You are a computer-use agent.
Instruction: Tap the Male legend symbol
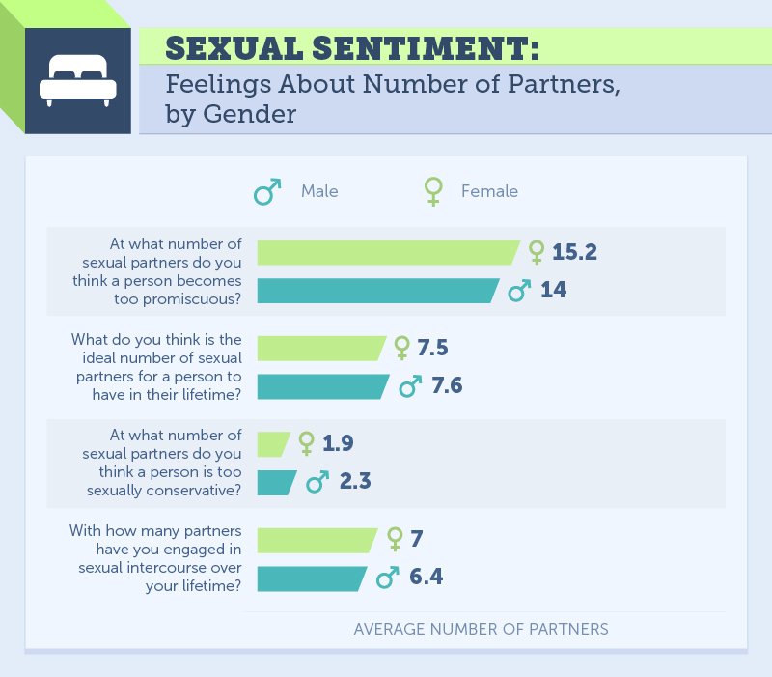pyautogui.click(x=267, y=191)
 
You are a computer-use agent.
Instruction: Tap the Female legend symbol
pyautogui.click(x=433, y=191)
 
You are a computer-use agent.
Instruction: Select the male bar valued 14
pyautogui.click(x=377, y=290)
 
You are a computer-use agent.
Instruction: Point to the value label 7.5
pyautogui.click(x=434, y=348)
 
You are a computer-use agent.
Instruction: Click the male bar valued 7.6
pyautogui.click(x=322, y=386)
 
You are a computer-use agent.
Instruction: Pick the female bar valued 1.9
pyautogui.click(x=273, y=443)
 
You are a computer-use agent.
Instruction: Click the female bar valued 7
pyautogui.click(x=317, y=539)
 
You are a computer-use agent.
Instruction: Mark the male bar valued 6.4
pyautogui.click(x=312, y=578)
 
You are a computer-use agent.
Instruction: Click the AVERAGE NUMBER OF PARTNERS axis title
pyautogui.click(x=481, y=629)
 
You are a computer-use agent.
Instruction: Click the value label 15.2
pyautogui.click(x=576, y=252)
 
